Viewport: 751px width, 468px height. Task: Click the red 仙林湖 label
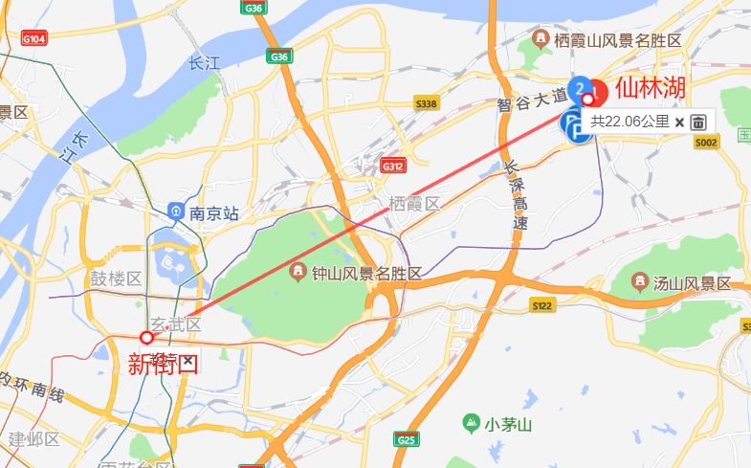coord(651,88)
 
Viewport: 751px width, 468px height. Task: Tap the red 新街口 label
coord(163,363)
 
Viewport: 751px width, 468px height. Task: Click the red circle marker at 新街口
coord(146,337)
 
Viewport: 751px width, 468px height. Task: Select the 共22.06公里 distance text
coord(630,122)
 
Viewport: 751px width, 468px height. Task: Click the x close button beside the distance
coord(679,122)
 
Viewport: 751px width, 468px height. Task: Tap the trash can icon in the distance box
coord(698,122)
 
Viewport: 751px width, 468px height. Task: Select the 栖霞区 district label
coord(413,204)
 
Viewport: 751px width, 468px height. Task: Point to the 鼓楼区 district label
coord(115,279)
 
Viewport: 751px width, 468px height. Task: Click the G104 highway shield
coord(33,39)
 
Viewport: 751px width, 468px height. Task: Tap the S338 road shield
coord(426,103)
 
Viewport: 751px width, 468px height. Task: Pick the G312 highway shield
coord(392,165)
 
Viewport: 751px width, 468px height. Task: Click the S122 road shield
coord(541,305)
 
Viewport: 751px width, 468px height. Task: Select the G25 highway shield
coord(406,439)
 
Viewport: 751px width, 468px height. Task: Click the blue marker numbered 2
coord(579,89)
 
